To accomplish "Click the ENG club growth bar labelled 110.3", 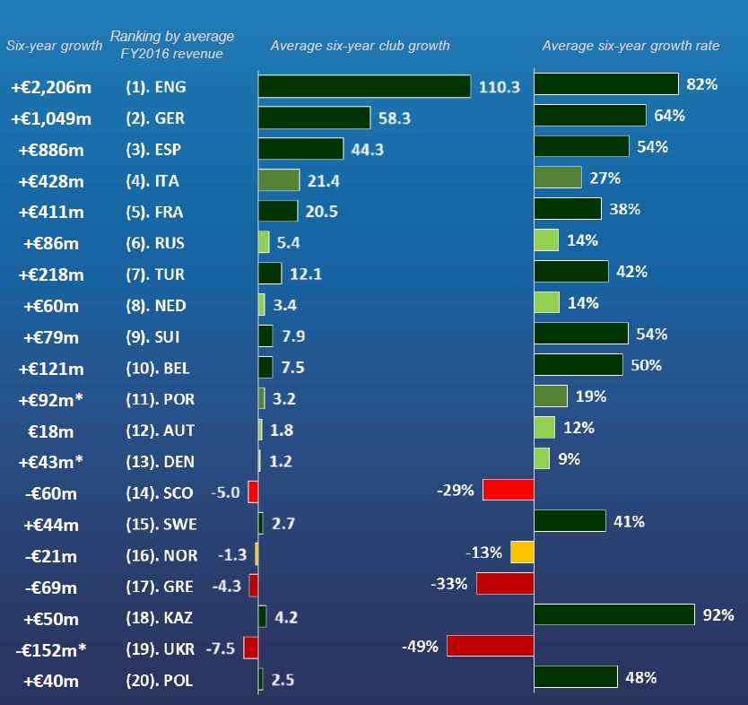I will pyautogui.click(x=364, y=86).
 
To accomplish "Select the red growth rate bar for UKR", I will pyautogui.click(x=490, y=647).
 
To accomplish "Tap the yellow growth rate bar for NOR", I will pyautogui.click(x=522, y=553).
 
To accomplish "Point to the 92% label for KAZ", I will pyautogui.click(x=719, y=615).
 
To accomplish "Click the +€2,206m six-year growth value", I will pyautogui.click(x=51, y=88).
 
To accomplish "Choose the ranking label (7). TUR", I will pyautogui.click(x=154, y=274).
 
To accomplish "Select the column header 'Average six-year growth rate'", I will pyautogui.click(x=631, y=46).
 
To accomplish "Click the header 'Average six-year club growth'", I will pyautogui.click(x=360, y=46).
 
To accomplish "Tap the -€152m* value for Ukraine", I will pyautogui.click(x=51, y=649).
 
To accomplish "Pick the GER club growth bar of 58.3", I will pyautogui.click(x=314, y=117).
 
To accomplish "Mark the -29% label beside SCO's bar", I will pyautogui.click(x=456, y=490).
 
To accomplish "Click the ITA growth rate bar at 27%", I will pyautogui.click(x=557, y=178).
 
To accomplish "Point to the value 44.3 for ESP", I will pyautogui.click(x=368, y=150).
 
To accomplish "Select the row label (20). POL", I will pyautogui.click(x=159, y=681).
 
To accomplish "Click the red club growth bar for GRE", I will pyautogui.click(x=254, y=585).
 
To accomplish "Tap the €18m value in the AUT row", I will pyautogui.click(x=51, y=431).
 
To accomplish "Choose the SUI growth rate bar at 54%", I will pyautogui.click(x=580, y=334).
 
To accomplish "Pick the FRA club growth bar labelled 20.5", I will pyautogui.click(x=278, y=211).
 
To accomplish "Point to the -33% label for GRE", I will pyautogui.click(x=449, y=584).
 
